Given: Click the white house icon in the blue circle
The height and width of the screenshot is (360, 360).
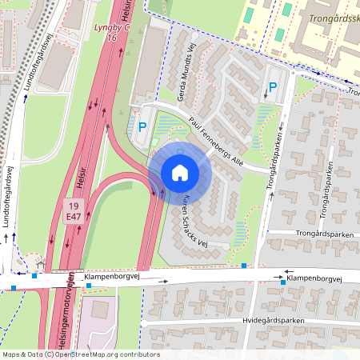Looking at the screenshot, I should (179, 172).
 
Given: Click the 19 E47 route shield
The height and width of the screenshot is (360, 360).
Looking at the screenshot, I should (74, 211).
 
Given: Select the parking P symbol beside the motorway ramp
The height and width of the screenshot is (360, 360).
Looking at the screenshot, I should (142, 126).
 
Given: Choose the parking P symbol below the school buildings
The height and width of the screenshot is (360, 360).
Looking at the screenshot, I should (272, 87).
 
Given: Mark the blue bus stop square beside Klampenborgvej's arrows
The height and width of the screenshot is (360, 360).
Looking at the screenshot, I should (283, 282).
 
